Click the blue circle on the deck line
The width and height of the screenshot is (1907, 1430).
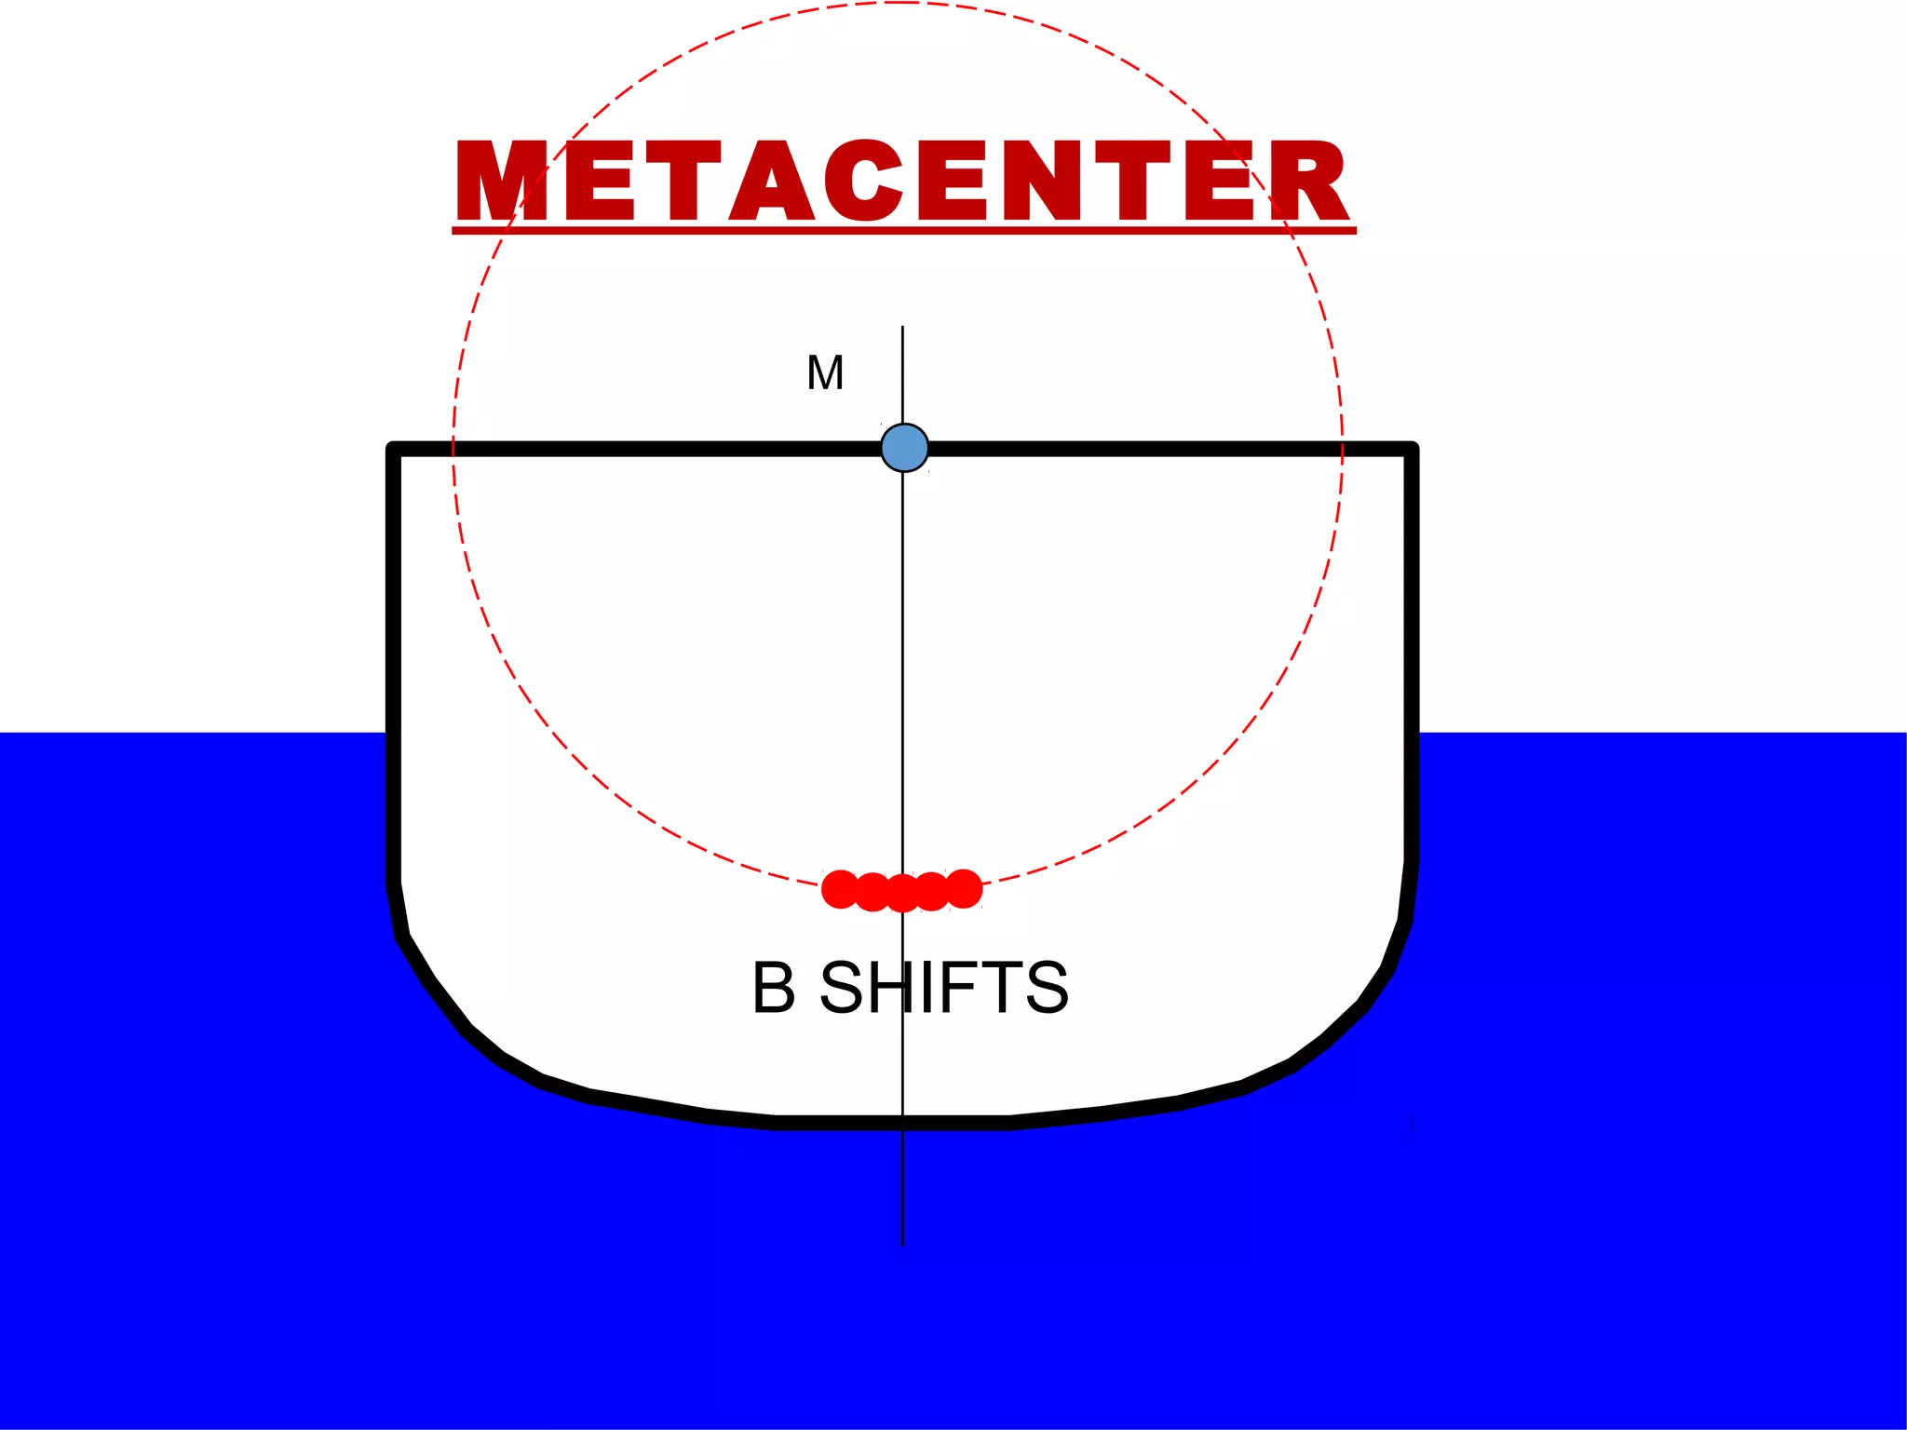coord(904,448)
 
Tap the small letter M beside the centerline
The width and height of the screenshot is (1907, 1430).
coord(825,373)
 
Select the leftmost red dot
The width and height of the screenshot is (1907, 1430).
coord(840,889)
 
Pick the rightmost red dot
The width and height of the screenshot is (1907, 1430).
coord(964,888)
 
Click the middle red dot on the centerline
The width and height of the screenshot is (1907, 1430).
coord(902,894)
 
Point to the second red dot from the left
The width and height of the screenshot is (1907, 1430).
coord(872,892)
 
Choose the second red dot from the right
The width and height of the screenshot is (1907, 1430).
coord(932,892)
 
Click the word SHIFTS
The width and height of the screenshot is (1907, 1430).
coord(943,988)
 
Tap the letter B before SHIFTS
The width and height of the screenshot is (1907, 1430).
coord(774,988)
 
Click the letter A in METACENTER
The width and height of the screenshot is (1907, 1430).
coord(772,181)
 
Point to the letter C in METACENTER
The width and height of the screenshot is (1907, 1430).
coord(863,181)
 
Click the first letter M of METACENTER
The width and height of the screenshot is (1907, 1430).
coord(501,181)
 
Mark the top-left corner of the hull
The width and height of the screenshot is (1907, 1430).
coord(393,449)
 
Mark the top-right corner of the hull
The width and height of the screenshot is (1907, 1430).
coord(1412,449)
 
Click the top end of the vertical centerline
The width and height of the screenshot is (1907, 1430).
coord(902,328)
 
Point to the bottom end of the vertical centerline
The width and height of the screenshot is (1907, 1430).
coord(902,1244)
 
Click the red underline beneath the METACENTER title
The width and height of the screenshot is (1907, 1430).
coord(903,230)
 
